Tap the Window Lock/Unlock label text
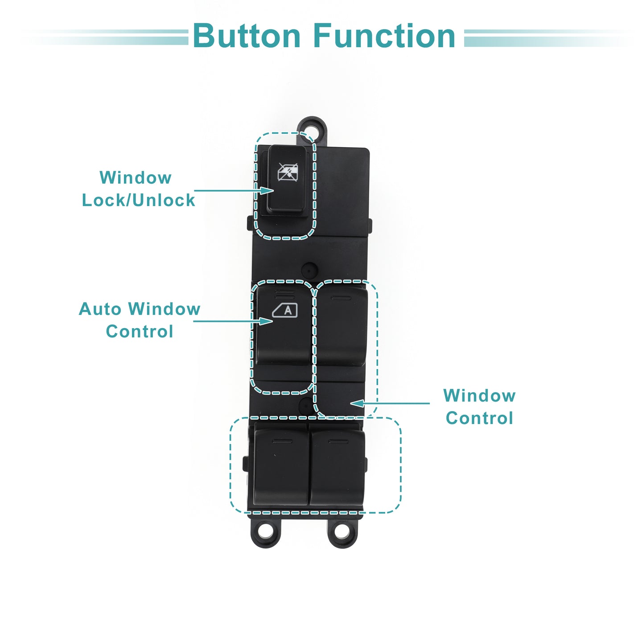coord(138,189)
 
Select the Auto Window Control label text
coord(140,320)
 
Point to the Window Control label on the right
coord(479,407)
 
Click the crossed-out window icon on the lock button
coord(288,172)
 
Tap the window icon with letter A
coord(285,310)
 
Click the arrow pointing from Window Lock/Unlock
coord(234,190)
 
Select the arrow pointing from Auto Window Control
coord(233,321)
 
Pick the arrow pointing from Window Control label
coord(390,403)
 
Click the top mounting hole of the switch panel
coord(312,129)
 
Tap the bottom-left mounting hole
coord(266,531)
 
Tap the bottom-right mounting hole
coord(342,531)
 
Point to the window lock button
coord(288,179)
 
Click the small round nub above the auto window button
coord(309,270)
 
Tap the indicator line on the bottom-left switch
coord(283,441)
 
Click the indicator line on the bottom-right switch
coord(338,441)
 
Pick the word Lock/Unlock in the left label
coord(138,200)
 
